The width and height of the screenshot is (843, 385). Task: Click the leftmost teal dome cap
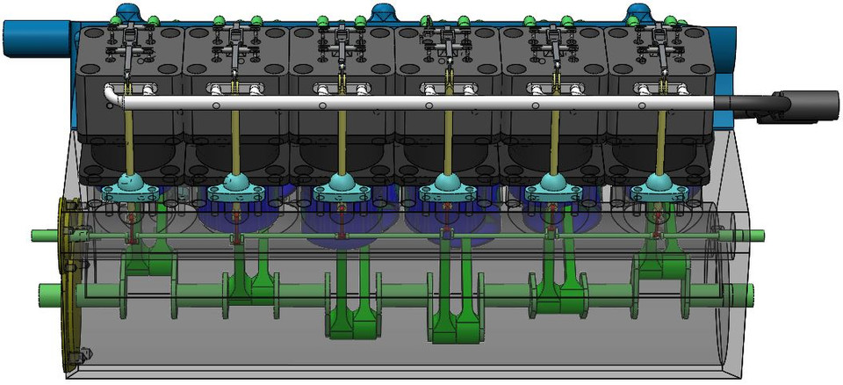(130, 185)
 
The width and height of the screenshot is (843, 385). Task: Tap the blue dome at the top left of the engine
(126, 11)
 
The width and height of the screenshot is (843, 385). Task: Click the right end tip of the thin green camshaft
(760, 235)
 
